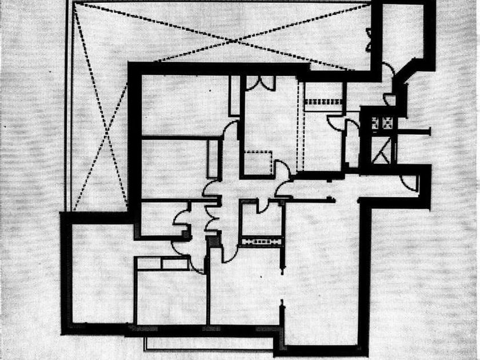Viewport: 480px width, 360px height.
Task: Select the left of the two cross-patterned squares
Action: (x=376, y=122)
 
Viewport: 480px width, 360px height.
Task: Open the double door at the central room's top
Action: (x=260, y=82)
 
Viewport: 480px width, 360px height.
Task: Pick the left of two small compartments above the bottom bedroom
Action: (x=150, y=263)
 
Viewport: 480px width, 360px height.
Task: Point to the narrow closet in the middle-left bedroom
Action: (x=213, y=158)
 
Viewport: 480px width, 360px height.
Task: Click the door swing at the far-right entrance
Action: (x=409, y=182)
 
